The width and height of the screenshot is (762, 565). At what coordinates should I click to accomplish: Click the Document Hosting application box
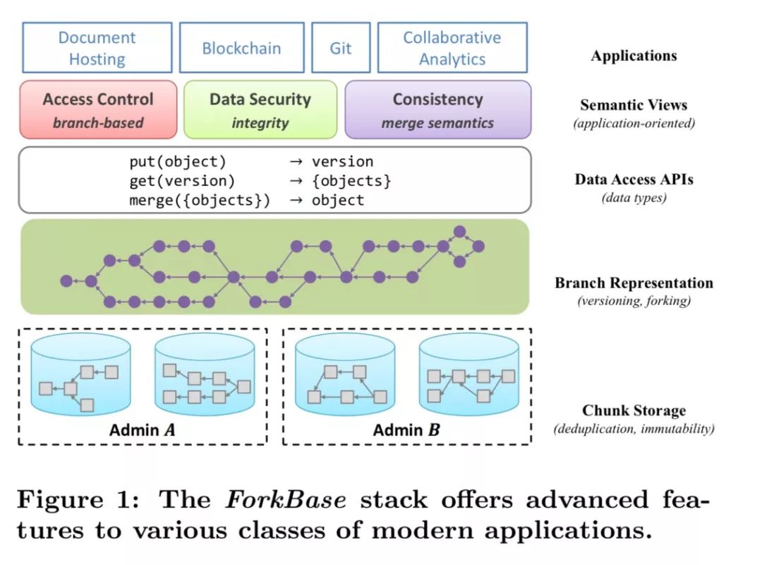97,48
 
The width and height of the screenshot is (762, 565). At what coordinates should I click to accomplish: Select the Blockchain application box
241,48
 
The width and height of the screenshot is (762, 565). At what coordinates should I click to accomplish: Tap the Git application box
340,48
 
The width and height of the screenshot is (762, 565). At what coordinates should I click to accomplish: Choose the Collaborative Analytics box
452,48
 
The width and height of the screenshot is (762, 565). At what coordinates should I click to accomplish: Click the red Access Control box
98,109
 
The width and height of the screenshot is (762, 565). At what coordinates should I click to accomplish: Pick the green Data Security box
260,109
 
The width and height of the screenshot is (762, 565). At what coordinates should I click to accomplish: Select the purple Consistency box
437,109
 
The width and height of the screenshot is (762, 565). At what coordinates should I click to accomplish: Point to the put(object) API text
178,162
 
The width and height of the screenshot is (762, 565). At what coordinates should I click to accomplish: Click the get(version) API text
182,181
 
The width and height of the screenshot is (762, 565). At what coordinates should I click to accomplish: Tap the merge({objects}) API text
200,200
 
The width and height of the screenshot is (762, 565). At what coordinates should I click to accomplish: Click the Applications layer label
634,56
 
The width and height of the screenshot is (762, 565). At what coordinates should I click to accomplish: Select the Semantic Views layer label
634,105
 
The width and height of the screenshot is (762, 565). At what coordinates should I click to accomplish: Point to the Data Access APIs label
634,179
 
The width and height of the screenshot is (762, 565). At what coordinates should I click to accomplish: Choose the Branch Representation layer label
634,283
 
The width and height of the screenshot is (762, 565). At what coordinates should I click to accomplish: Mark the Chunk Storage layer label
634,410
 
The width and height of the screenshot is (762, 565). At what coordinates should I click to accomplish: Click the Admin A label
141,429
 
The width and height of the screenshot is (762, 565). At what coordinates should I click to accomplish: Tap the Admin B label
406,429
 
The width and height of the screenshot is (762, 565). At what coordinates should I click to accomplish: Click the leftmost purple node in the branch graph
66,280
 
